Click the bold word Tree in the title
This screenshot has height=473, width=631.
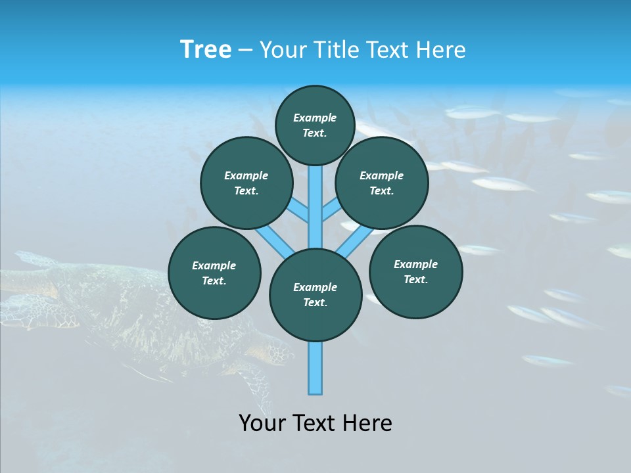click(x=206, y=50)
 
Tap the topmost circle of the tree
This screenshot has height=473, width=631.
click(x=315, y=125)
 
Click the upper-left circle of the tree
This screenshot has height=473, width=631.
click(x=246, y=183)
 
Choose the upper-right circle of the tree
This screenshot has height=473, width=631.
click(x=382, y=183)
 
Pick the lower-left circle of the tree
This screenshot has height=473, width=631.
click(x=214, y=273)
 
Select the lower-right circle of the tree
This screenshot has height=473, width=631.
click(x=416, y=271)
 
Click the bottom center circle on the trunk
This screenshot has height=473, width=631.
click(x=315, y=295)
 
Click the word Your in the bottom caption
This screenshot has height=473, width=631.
click(x=263, y=423)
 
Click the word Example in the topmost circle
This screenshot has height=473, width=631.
click(x=315, y=118)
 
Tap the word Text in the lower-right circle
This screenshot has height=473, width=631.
click(x=416, y=279)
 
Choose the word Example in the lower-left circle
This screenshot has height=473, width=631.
click(x=214, y=265)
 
